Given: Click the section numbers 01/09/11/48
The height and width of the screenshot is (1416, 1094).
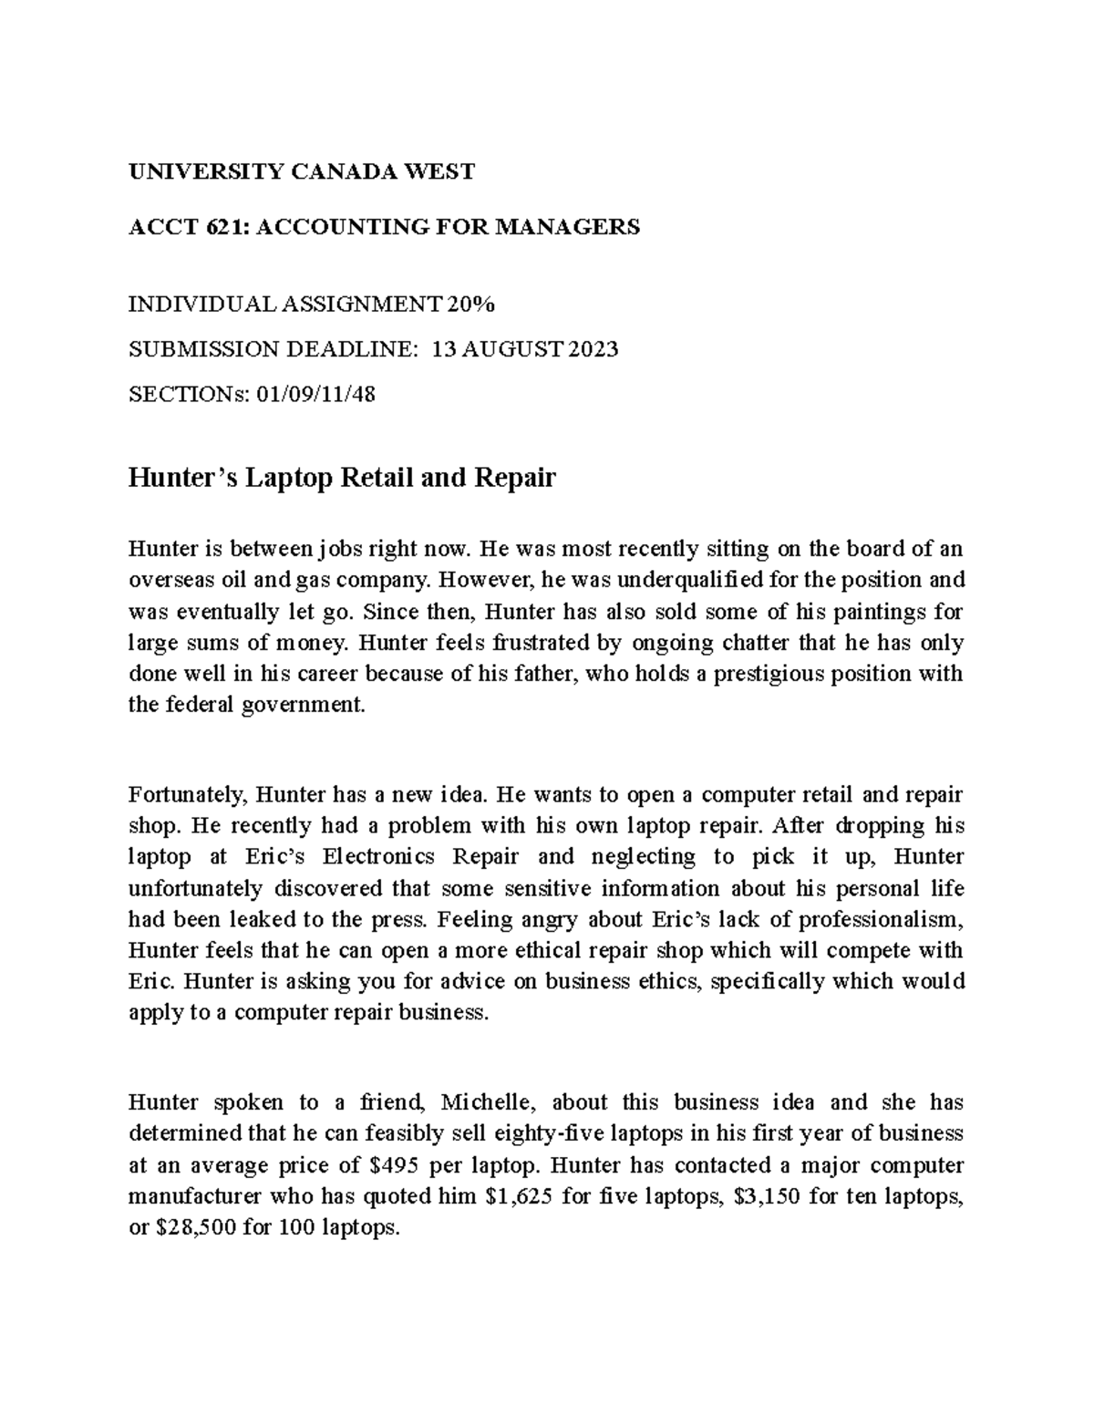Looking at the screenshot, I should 310,394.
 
